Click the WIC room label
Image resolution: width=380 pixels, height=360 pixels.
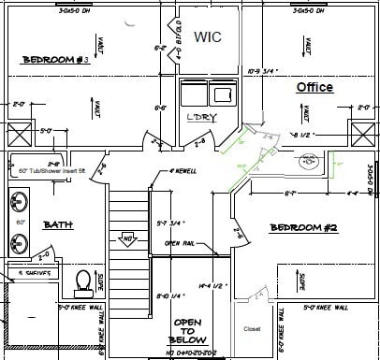[206, 36]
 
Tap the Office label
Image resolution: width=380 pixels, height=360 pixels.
[314, 87]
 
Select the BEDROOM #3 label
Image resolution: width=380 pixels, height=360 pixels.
[55, 60]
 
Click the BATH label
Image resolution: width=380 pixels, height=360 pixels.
[59, 224]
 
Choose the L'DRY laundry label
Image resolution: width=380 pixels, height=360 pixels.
[201, 116]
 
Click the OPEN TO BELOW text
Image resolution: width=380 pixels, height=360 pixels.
[190, 332]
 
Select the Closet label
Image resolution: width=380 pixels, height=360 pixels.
[251, 329]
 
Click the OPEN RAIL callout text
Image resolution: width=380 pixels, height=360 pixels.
[180, 243]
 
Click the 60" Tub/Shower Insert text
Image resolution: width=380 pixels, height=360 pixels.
[51, 171]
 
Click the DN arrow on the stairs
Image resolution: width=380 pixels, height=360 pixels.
[124, 239]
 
